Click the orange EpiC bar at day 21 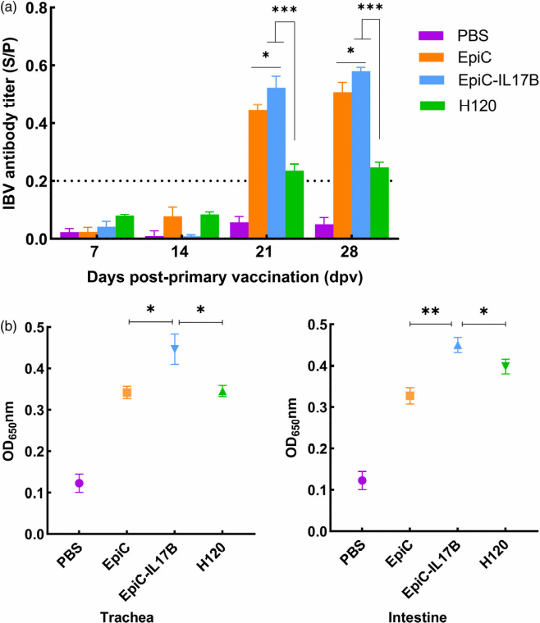point(258,174)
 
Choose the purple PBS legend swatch point(430,36)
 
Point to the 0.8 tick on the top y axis point(41,8)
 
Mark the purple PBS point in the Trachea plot point(79,483)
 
